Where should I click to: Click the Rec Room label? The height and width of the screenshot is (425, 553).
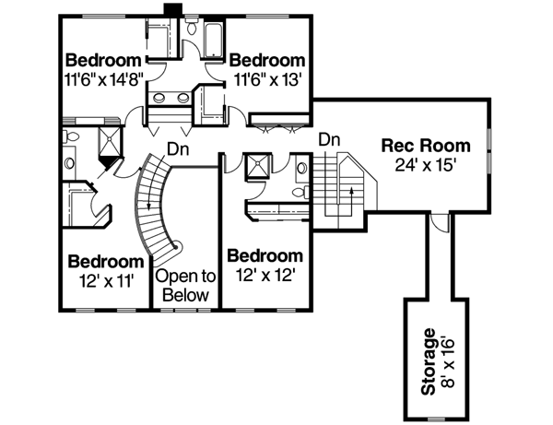coord(427,146)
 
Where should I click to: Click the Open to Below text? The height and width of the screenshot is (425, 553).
coord(185,286)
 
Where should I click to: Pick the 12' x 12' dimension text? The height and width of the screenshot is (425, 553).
coord(265,274)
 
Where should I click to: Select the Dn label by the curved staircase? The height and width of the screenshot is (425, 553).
coord(179,148)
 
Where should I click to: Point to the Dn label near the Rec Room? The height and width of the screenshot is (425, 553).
coord(331,139)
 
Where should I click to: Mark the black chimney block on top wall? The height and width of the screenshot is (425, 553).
coord(172,8)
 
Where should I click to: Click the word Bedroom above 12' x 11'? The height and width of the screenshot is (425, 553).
coord(105,261)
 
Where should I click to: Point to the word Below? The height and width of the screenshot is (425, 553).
coord(186,296)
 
